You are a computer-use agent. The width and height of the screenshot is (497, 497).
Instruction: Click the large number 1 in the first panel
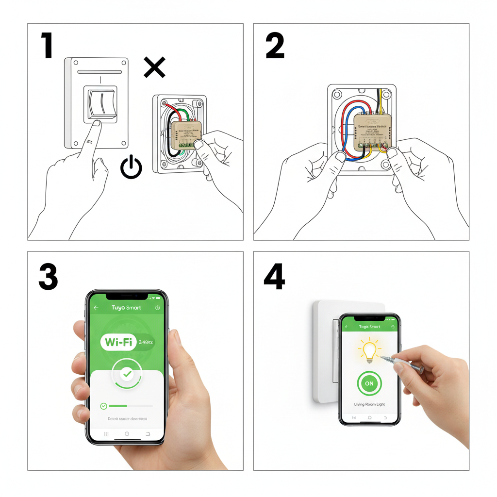47,46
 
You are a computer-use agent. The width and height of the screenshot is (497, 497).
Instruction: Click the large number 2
275,46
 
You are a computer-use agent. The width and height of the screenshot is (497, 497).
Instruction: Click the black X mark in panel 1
154,67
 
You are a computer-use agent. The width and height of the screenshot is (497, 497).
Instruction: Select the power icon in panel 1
131,167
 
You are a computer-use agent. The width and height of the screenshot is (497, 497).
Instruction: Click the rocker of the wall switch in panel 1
101,103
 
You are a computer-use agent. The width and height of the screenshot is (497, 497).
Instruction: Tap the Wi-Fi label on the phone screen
119,342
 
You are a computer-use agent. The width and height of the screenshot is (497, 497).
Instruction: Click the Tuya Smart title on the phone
126,308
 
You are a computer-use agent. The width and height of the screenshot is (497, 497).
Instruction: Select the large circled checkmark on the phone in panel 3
127,374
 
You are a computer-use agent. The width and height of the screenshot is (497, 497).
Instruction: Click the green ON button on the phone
369,383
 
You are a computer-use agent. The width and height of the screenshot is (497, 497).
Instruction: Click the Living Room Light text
369,404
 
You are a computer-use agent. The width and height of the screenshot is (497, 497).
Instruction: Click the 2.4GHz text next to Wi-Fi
146,342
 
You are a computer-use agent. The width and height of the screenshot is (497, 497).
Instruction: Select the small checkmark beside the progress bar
103,406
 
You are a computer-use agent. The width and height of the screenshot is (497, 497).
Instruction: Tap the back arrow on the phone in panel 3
96,308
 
